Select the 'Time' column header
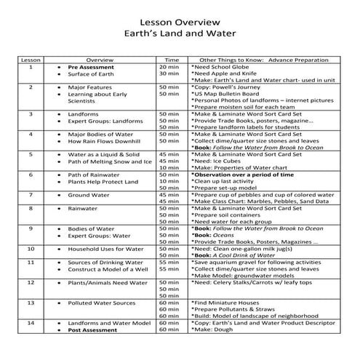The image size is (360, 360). click(x=172, y=60)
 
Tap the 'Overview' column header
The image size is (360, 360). click(x=100, y=60)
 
